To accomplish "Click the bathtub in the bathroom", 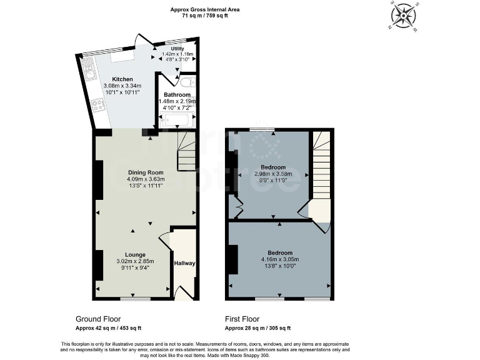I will [177, 118].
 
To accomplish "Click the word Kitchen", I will [122, 79].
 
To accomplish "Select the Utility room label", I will [177, 48].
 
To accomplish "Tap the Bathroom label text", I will [177, 94].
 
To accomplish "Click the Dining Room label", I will [145, 172].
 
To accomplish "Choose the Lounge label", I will [135, 254].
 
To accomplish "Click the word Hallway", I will [184, 263].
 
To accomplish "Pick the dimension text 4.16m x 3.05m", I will [279, 259].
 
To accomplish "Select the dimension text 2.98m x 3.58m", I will [273, 174].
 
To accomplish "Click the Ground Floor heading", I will [98, 319].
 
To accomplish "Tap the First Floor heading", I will [242, 319].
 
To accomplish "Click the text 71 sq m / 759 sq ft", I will [206, 16].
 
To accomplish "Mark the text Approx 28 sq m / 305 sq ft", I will [257, 328].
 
